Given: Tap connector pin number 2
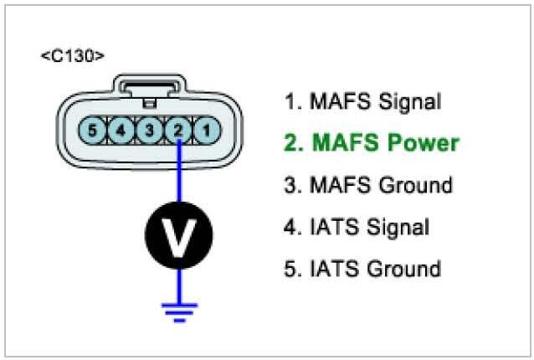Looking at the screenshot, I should pyautogui.click(x=177, y=131).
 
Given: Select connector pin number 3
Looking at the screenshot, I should pyautogui.click(x=149, y=131).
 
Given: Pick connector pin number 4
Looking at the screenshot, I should pyautogui.click(x=121, y=131).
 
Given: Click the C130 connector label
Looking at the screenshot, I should pyautogui.click(x=73, y=56).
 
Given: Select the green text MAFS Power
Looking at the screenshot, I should pyautogui.click(x=371, y=143).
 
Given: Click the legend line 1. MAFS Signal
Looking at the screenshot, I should pyautogui.click(x=362, y=102).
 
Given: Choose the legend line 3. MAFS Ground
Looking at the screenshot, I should pyautogui.click(x=368, y=185).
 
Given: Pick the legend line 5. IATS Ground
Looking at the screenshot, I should pyautogui.click(x=362, y=269).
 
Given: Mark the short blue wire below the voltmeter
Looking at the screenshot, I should pyautogui.click(x=177, y=283).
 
